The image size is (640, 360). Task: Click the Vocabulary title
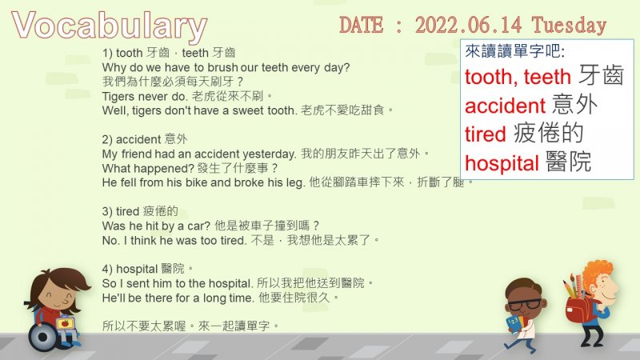tap(110, 26)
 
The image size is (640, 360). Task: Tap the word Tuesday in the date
tap(569, 26)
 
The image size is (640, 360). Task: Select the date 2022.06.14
tap(469, 25)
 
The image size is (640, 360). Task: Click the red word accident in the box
tap(505, 106)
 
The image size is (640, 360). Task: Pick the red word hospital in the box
tap(502, 163)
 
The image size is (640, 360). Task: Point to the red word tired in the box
tap(486, 134)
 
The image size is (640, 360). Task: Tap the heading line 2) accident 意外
tap(145, 139)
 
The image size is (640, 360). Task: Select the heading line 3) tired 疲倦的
tap(140, 211)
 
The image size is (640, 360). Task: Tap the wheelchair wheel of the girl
tap(42, 338)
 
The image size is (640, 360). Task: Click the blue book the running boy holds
tap(513, 324)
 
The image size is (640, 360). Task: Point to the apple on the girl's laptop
tap(65, 324)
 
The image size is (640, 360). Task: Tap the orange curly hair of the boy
tap(597, 272)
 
